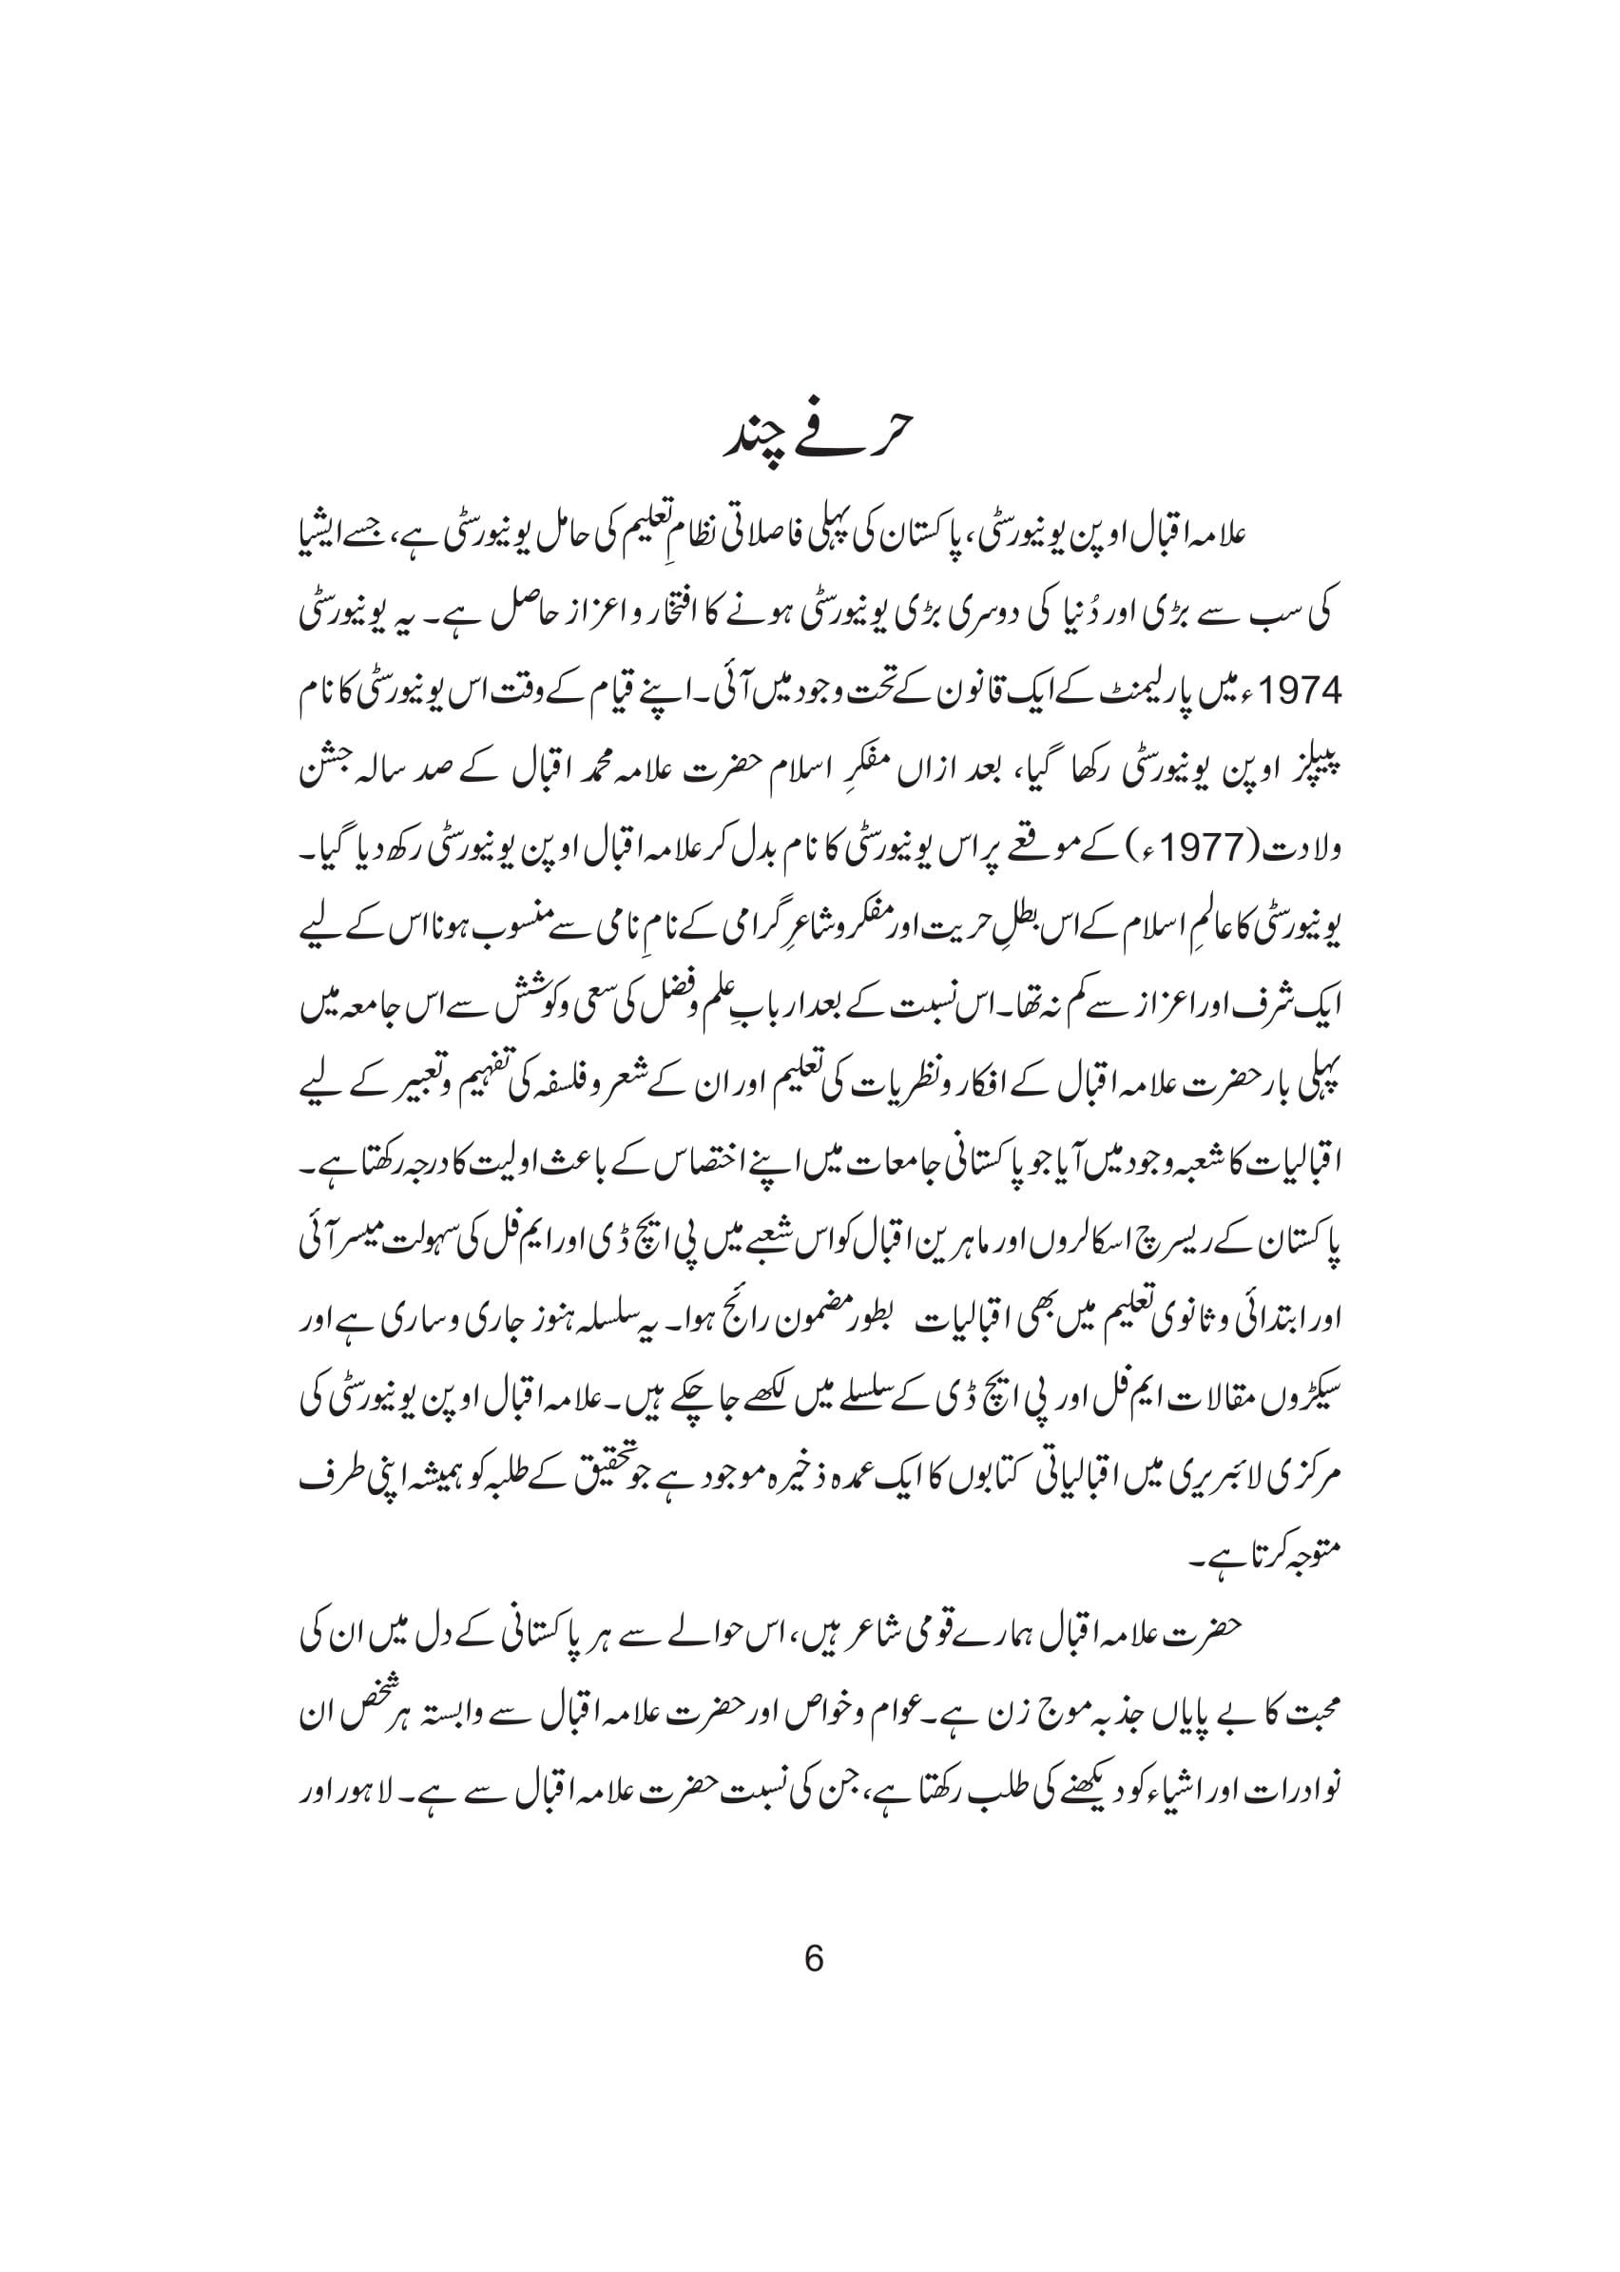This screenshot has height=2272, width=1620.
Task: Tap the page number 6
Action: pos(813,1959)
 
